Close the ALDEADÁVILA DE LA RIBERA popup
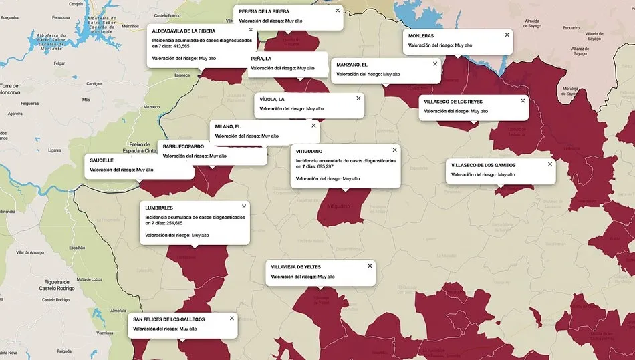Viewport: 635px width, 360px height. click(x=251, y=29)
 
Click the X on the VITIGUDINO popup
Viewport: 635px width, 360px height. click(x=394, y=150)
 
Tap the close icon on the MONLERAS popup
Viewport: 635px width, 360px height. click(x=507, y=35)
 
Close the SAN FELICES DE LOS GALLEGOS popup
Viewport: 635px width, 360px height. click(x=232, y=318)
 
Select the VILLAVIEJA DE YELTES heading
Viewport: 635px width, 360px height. click(x=296, y=267)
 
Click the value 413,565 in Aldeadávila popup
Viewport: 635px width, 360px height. click(x=180, y=46)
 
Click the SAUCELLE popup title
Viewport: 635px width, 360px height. click(x=102, y=160)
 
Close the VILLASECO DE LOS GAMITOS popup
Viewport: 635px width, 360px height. click(x=550, y=163)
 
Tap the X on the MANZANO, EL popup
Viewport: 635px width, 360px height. click(x=435, y=63)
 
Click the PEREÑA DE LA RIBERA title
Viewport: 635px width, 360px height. click(x=263, y=11)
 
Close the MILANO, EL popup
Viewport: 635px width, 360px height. click(x=313, y=125)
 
